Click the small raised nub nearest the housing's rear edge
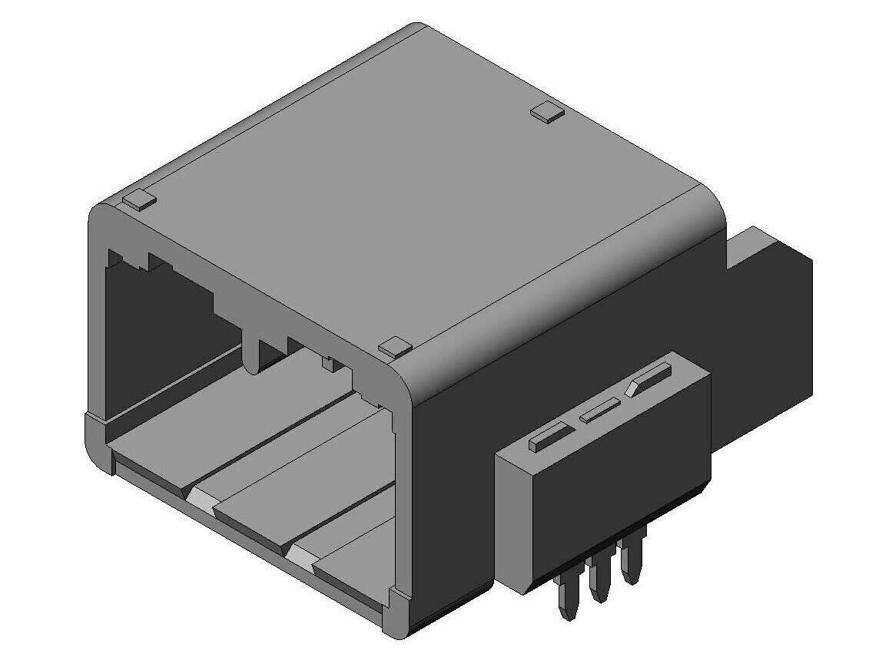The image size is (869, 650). click(548, 112)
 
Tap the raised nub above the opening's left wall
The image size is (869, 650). click(139, 201)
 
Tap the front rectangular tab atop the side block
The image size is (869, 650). click(549, 437)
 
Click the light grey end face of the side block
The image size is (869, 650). click(512, 522)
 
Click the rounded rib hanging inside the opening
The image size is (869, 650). click(251, 353)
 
